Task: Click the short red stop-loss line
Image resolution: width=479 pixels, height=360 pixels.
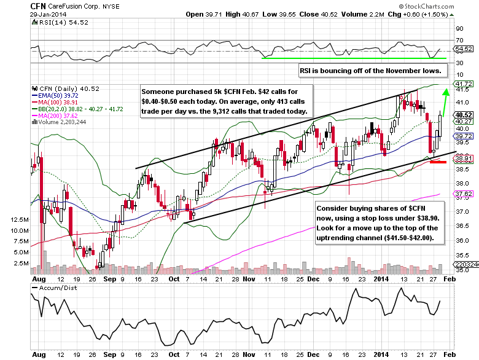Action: coord(438,162)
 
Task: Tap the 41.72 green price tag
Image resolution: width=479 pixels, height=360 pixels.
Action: coord(464,83)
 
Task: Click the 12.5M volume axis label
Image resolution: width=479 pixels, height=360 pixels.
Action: coord(21,219)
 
